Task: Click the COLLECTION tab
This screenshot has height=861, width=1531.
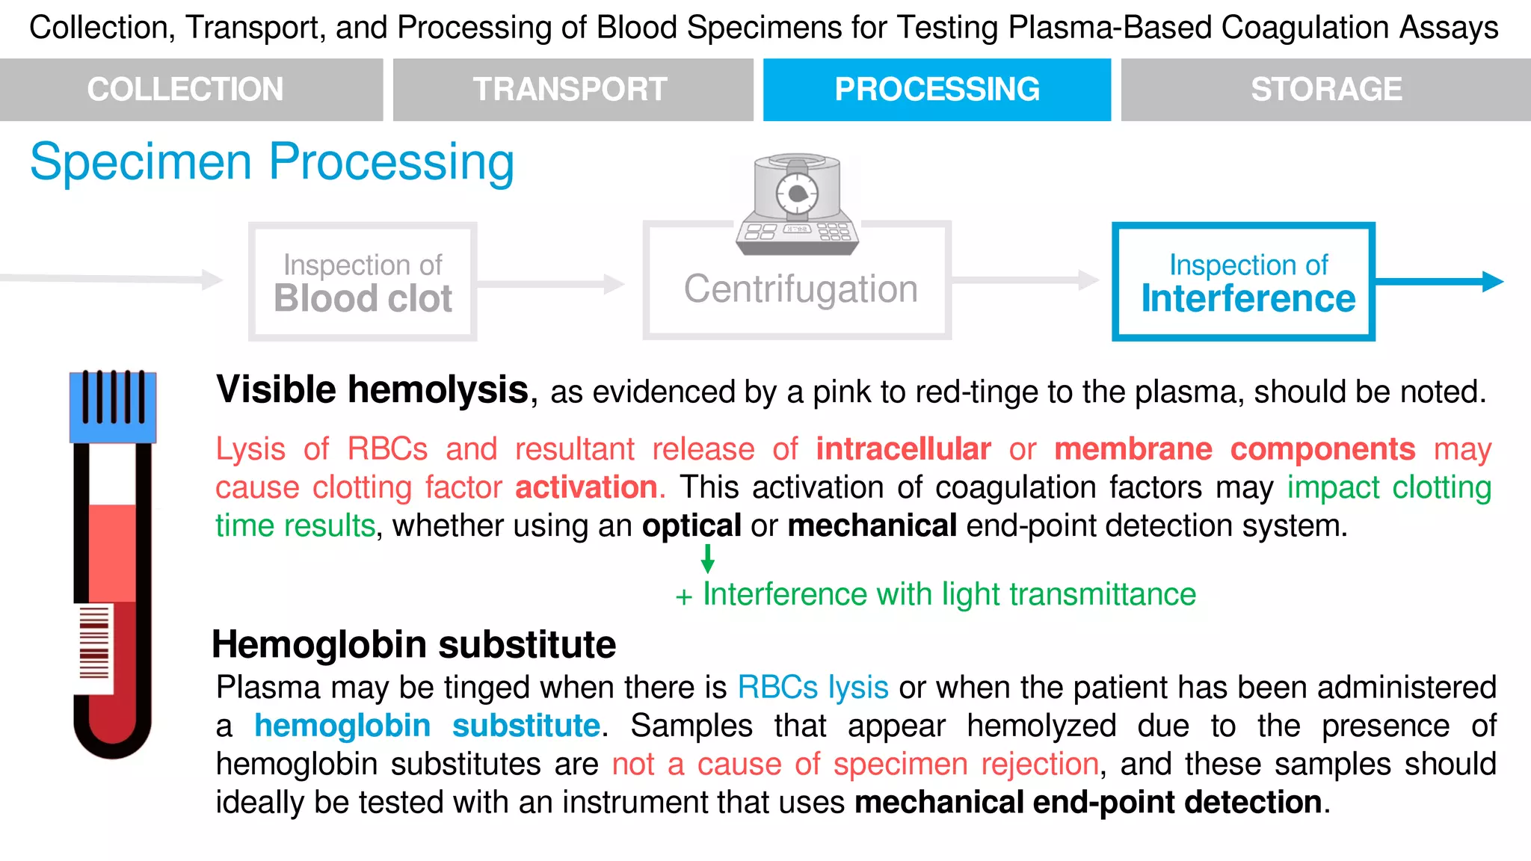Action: click(185, 90)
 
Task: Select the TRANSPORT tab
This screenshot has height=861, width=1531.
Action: click(570, 90)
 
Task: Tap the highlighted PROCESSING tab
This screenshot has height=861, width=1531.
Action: click(937, 90)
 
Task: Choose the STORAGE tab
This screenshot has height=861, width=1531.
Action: click(1326, 90)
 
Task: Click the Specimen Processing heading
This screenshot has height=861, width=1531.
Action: click(272, 161)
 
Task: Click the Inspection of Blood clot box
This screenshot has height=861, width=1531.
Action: click(363, 283)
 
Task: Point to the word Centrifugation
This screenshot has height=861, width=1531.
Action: click(801, 289)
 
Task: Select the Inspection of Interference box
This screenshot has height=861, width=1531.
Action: click(1244, 283)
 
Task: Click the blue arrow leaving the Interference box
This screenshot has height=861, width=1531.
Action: click(1439, 282)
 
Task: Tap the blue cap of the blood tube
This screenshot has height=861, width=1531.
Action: click(113, 407)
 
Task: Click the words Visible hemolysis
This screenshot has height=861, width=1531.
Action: click(372, 390)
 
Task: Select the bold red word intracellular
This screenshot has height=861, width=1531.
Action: click(903, 449)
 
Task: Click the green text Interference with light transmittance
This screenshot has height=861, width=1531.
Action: click(949, 595)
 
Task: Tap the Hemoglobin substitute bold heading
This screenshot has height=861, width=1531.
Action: click(414, 644)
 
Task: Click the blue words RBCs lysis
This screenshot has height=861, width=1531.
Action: click(813, 688)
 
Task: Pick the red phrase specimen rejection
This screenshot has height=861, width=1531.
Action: click(966, 765)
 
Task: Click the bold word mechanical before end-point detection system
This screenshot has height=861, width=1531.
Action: click(872, 526)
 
